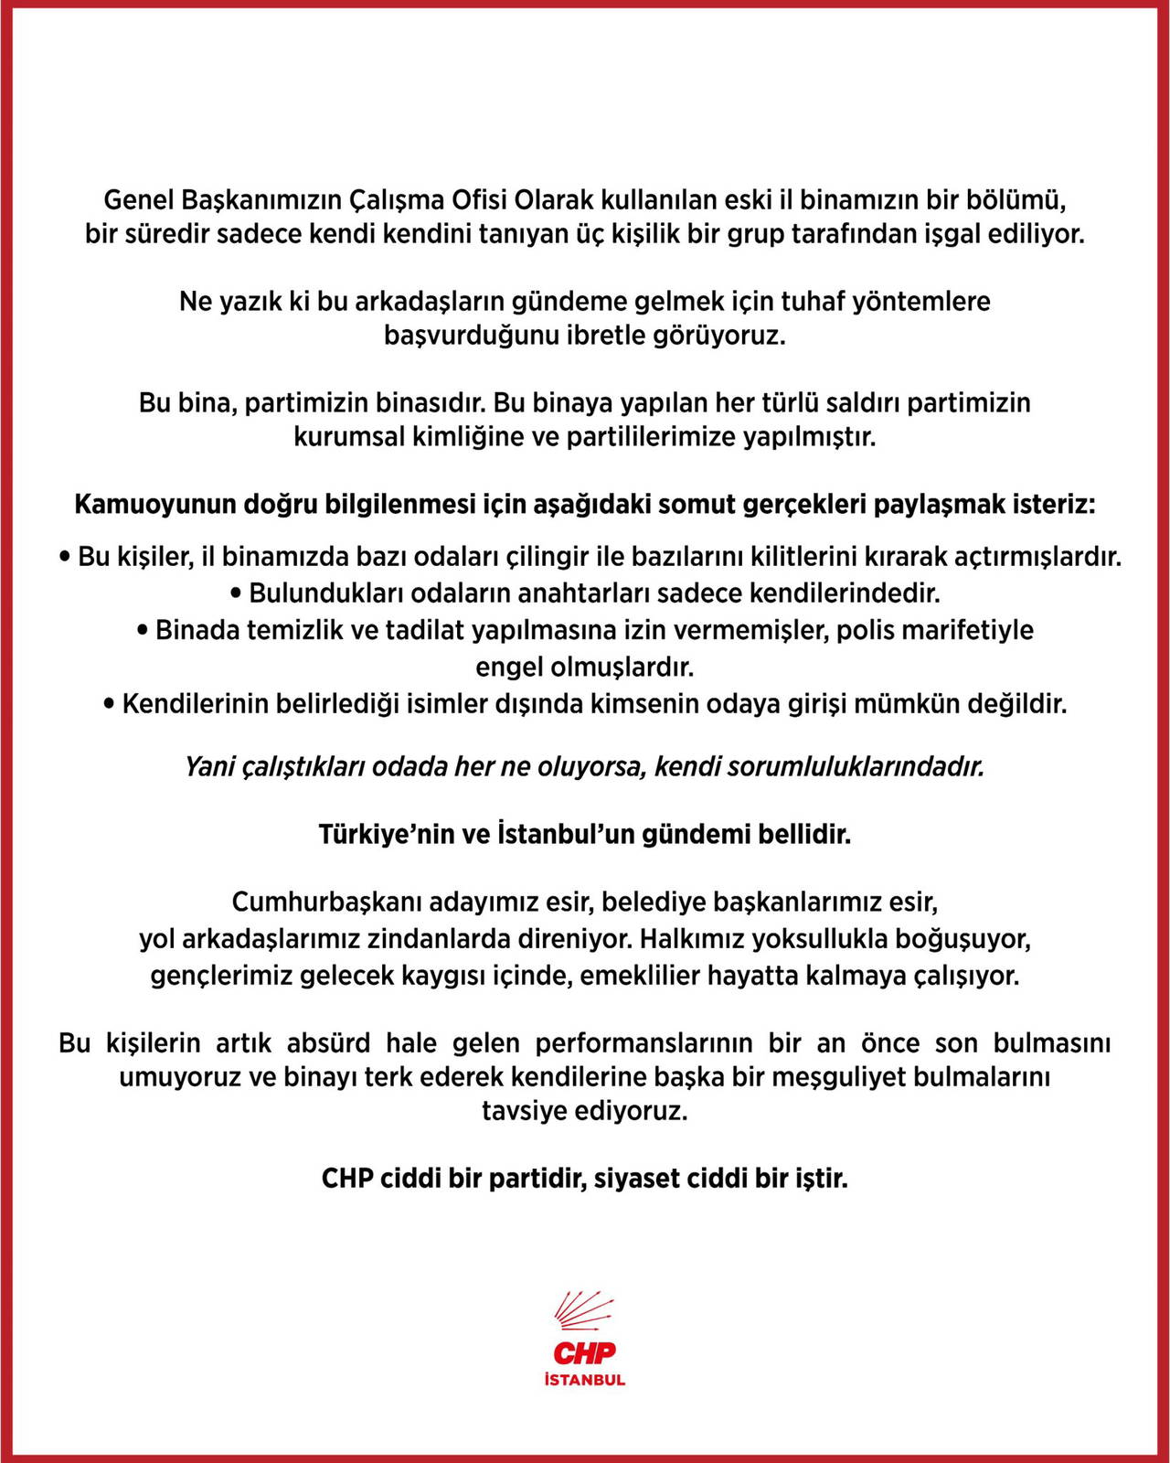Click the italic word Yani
tap(209, 766)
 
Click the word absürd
tap(328, 1042)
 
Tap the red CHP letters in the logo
tap(585, 1352)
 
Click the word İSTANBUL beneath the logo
tap(585, 1380)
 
